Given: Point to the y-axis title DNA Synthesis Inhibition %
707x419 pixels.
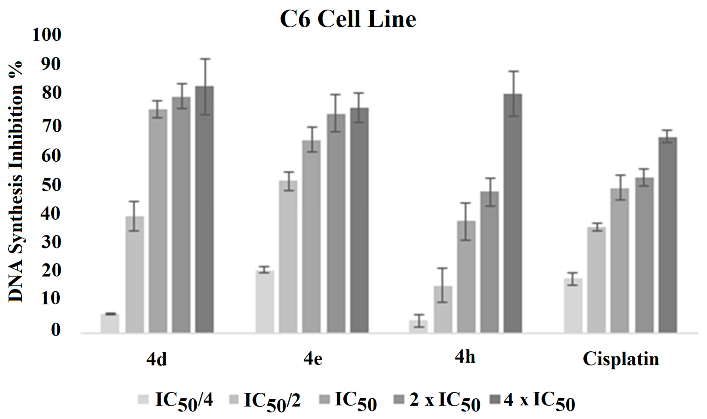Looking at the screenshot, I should tap(16, 182).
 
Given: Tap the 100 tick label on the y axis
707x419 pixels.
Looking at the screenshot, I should tap(46, 35).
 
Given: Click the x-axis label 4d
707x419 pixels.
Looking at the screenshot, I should tap(157, 359).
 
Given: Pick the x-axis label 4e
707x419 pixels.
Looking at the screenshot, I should tap(313, 359).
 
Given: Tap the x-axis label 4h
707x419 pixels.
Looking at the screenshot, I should tap(465, 357).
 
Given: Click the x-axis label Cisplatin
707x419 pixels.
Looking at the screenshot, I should tap(621, 359).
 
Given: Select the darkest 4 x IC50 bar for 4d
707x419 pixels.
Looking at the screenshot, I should tap(204, 209).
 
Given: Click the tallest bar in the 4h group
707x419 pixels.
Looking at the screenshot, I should tap(513, 213).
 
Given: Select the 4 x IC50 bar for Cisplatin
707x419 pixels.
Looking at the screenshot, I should tap(668, 234).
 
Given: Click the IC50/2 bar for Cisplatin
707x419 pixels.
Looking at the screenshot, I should tap(596, 280).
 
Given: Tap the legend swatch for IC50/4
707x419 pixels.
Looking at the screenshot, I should tap(143, 399).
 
